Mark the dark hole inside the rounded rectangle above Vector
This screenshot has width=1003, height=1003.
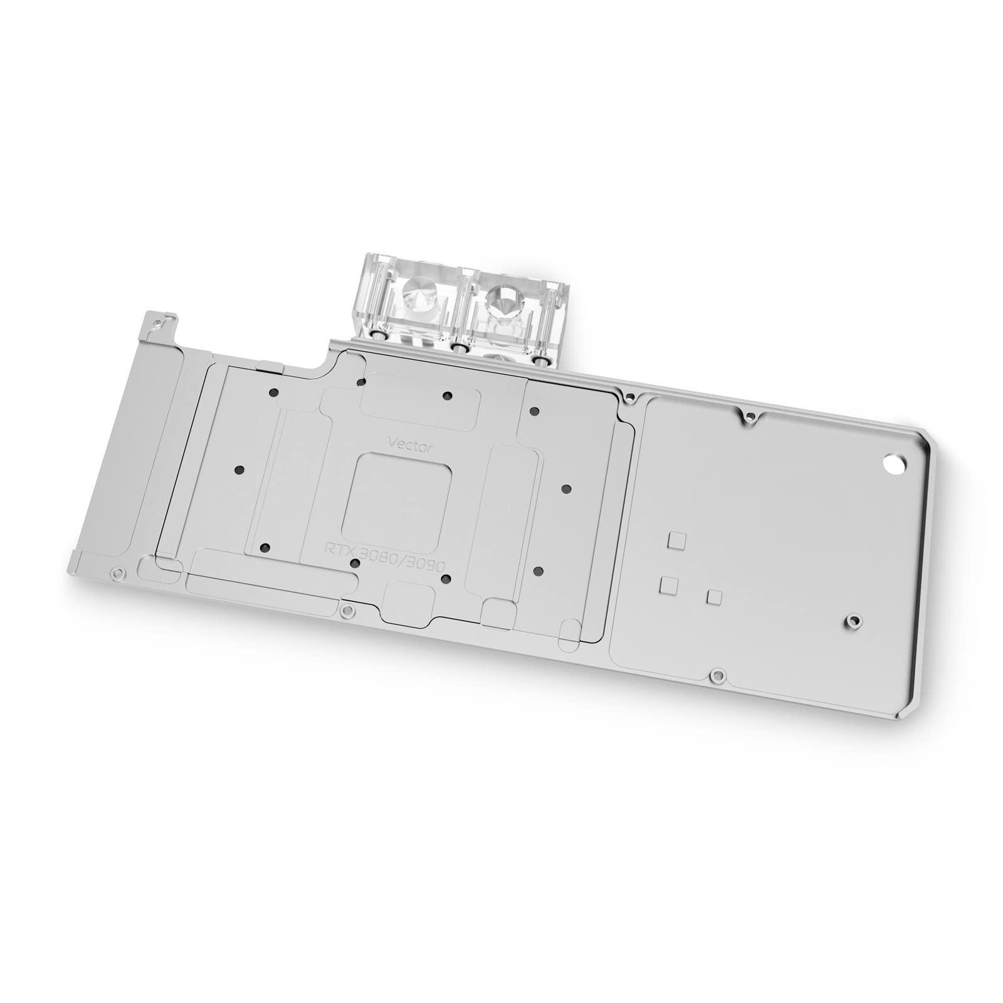coord(447,396)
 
